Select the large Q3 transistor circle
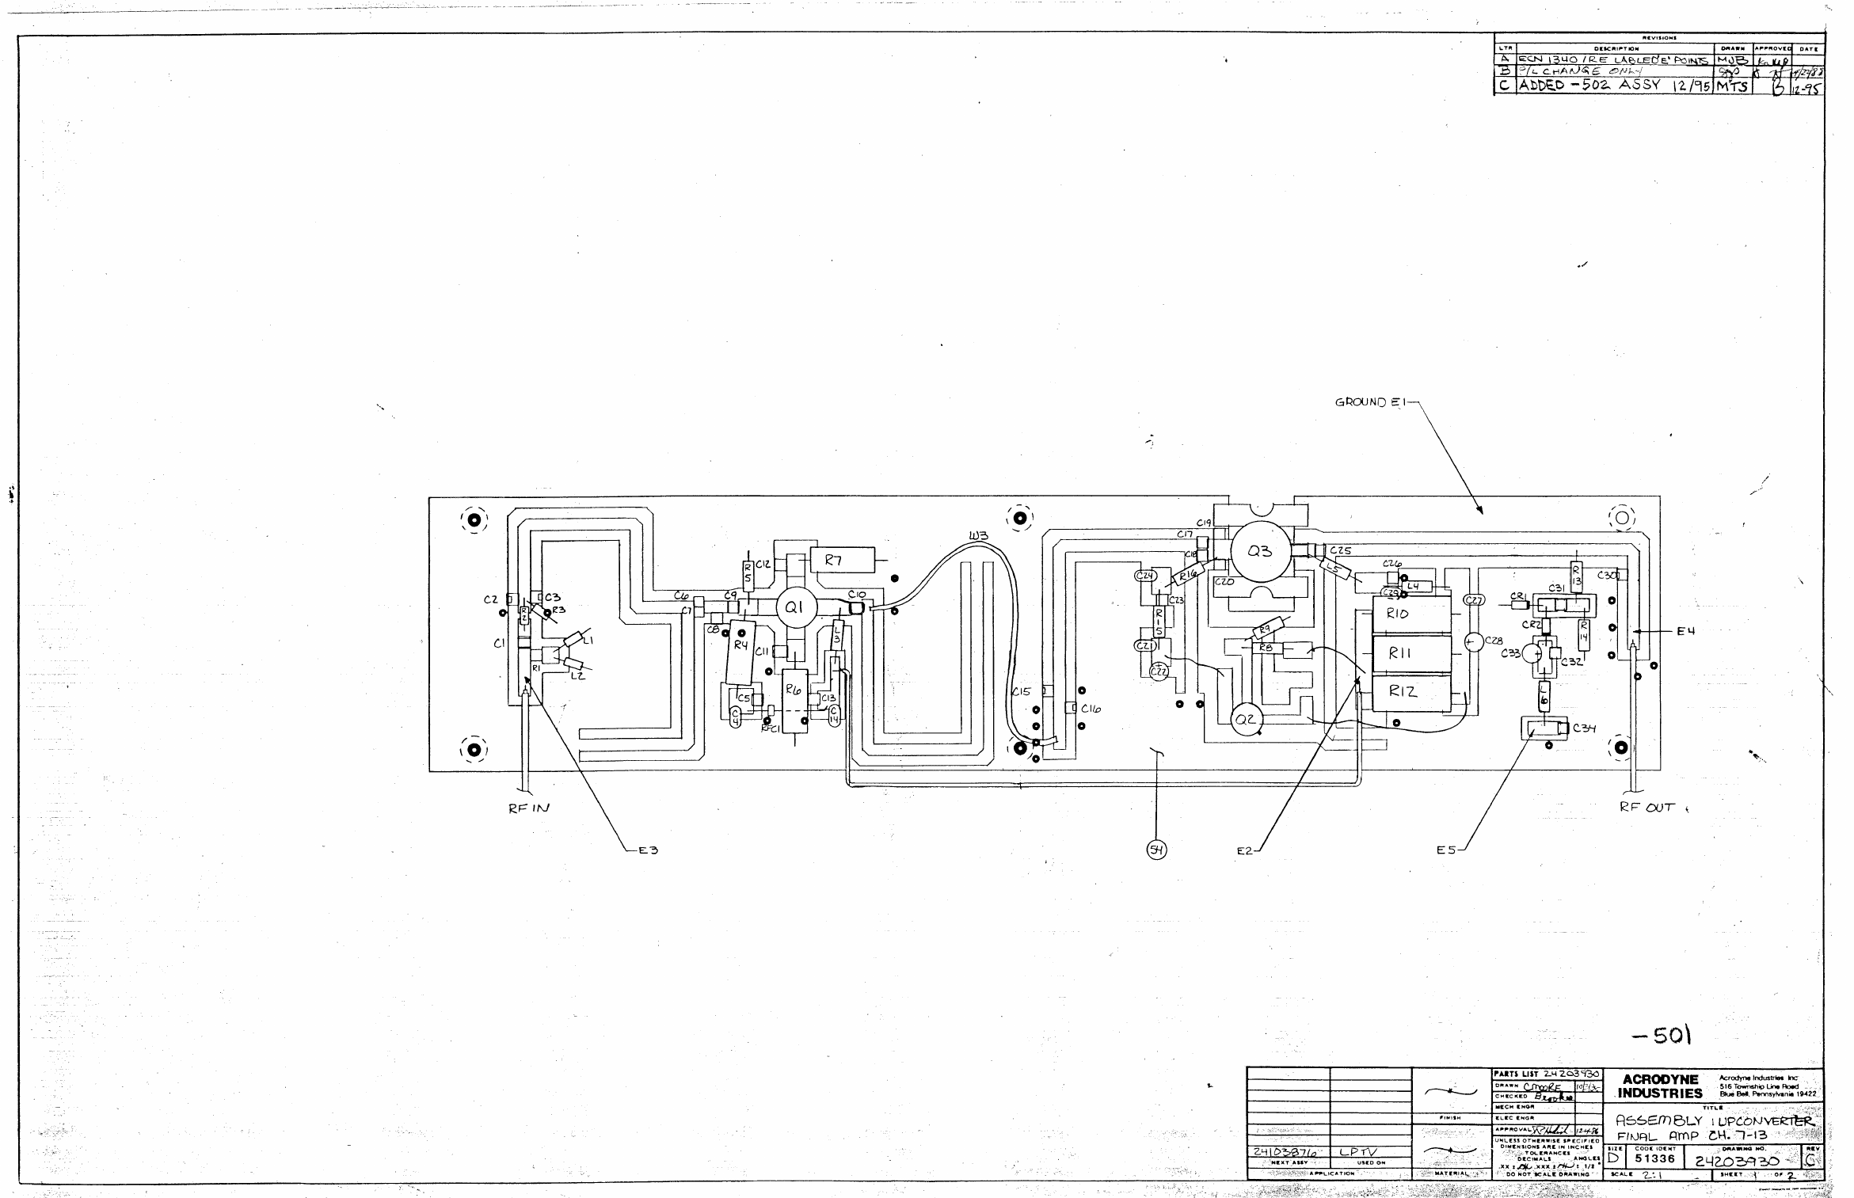[1259, 552]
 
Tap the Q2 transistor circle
[1246, 720]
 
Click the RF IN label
[528, 808]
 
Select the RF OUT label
[1647, 808]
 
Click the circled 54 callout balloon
[1157, 850]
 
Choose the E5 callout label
[1447, 850]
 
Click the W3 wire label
[978, 537]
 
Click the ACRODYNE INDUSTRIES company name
[1660, 1086]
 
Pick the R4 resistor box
[741, 652]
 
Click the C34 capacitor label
[1584, 728]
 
